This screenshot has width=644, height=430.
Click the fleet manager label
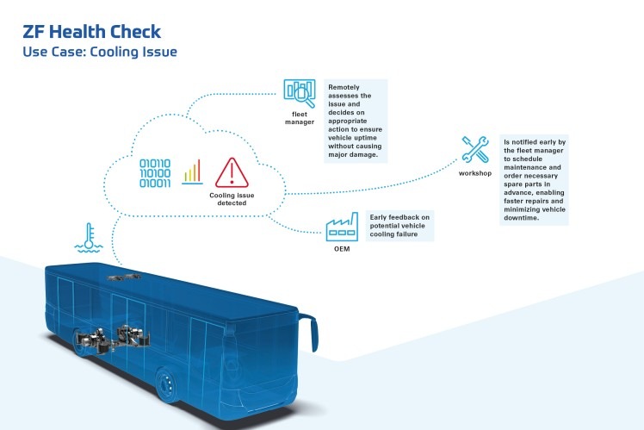300,117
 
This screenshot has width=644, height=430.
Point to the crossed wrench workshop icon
475,150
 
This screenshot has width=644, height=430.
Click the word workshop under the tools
475,174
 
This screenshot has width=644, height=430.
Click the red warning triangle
232,172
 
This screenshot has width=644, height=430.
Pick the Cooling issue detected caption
232,200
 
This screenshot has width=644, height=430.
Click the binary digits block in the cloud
156,172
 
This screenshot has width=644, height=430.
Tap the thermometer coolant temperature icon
87,237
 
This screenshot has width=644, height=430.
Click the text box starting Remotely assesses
356,122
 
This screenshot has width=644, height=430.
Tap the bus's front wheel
169,385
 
